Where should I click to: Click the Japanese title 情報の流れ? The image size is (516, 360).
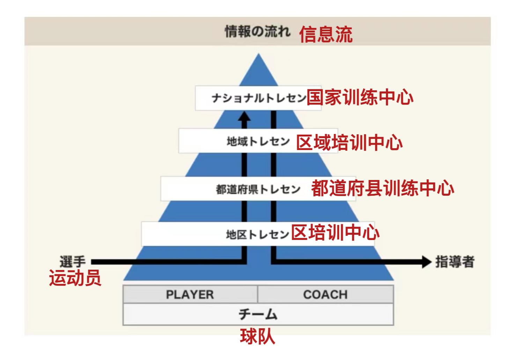[257, 32]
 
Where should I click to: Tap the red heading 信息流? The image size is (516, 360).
[325, 35]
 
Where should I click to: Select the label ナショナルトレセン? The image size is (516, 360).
[259, 98]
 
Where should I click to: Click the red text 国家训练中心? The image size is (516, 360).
[360, 97]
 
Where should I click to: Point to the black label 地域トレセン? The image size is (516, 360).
[258, 142]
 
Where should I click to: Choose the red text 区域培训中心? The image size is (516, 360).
[349, 142]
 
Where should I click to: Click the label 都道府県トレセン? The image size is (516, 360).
[258, 189]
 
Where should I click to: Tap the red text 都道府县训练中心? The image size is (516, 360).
[382, 188]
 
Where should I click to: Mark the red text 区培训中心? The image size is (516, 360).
[335, 232]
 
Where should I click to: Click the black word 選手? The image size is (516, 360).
[72, 261]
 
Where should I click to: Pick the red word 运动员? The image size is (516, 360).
[75, 278]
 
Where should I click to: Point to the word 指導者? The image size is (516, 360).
[455, 262]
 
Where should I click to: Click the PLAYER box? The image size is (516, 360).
[190, 294]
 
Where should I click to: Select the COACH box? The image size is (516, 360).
[325, 294]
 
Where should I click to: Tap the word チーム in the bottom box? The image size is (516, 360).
[258, 314]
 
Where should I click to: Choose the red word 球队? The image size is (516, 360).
[258, 337]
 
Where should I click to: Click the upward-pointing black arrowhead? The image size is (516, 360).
[244, 117]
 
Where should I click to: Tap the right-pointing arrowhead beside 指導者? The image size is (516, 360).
[427, 262]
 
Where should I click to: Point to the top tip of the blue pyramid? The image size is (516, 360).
[258, 55]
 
